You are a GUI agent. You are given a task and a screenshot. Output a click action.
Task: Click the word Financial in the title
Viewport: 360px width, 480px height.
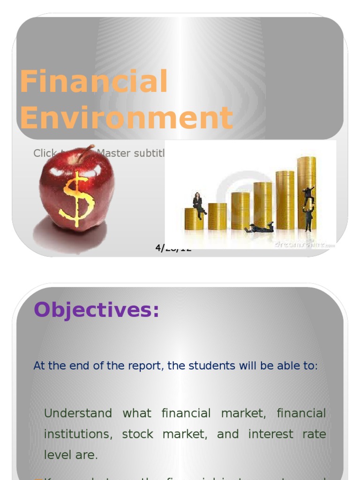pyautogui.click(x=94, y=81)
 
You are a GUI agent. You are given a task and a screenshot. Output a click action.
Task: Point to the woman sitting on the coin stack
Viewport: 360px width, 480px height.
pyautogui.click(x=198, y=204)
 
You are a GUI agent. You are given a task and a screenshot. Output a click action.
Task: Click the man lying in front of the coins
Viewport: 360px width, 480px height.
pyautogui.click(x=260, y=228)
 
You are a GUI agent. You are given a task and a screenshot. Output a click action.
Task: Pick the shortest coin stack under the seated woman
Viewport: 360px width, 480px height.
pyautogui.click(x=194, y=219)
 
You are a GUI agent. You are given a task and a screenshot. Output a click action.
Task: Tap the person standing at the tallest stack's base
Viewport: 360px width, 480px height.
pyautogui.click(x=308, y=219)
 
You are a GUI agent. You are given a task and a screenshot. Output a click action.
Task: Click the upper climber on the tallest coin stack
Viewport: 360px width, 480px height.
pyautogui.click(x=308, y=195)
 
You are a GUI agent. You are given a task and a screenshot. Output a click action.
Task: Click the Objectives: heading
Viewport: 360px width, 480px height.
pyautogui.click(x=97, y=310)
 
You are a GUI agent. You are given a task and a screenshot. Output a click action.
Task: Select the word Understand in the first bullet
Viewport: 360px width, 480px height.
pyautogui.click(x=78, y=413)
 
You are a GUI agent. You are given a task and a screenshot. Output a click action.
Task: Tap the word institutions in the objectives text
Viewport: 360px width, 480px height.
pyautogui.click(x=78, y=434)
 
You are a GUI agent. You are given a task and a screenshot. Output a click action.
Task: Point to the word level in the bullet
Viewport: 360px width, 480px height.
pyautogui.click(x=57, y=454)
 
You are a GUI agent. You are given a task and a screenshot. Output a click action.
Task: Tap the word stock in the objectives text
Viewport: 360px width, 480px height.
pyautogui.click(x=137, y=434)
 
